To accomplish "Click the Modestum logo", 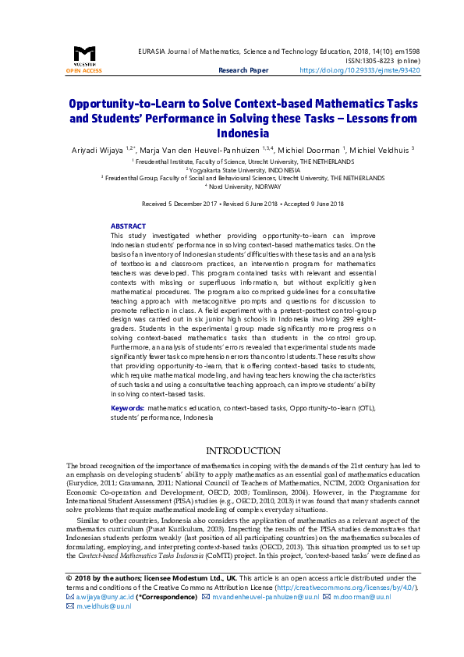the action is pos(84,55).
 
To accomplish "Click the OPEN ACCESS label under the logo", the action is pos(84,70).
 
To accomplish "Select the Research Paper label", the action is pos(243,70).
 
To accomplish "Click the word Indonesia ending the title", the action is pos(243,133).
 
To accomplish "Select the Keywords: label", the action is pos(127,408).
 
